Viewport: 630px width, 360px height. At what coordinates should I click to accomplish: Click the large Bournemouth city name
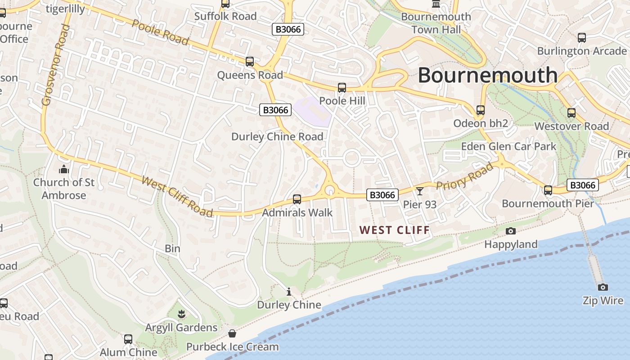[x=488, y=75]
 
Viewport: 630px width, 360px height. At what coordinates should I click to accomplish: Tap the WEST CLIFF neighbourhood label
[x=395, y=230]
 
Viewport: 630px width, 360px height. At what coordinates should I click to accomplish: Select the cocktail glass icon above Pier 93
[x=420, y=191]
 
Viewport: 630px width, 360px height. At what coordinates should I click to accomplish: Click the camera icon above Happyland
[x=511, y=231]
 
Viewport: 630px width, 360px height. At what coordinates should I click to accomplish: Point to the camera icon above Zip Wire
[x=603, y=287]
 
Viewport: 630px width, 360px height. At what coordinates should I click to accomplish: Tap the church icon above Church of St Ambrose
[x=63, y=170]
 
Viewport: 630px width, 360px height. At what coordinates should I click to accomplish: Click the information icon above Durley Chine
[x=289, y=292]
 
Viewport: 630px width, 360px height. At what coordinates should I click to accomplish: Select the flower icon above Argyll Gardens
[x=181, y=314]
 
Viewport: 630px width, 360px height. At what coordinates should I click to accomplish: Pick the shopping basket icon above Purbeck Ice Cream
[x=232, y=333]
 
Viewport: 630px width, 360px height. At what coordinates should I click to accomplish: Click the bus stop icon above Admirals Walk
[x=297, y=199]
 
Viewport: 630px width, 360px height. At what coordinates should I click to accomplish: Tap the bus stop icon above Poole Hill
[x=342, y=87]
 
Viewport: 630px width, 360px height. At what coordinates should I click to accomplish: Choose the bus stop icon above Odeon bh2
[x=481, y=110]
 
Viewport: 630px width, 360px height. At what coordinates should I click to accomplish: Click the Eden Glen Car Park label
[x=508, y=146]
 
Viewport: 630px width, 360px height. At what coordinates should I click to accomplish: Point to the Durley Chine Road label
[x=277, y=136]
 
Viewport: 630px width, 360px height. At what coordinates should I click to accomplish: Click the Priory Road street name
[x=465, y=177]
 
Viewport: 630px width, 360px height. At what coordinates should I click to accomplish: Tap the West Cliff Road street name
[x=177, y=196]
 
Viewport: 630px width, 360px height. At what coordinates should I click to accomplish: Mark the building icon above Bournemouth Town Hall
[x=436, y=4]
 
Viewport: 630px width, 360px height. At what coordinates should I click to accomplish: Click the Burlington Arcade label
[x=582, y=51]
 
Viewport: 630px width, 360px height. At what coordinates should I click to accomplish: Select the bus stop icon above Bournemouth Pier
[x=548, y=190]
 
